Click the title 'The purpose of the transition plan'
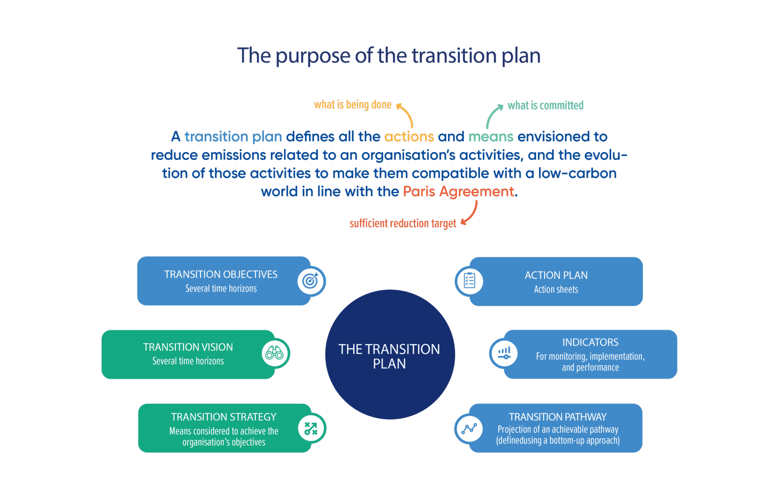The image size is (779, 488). coord(389,56)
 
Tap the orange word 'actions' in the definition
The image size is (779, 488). coord(409,137)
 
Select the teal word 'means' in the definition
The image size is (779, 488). coord(491,137)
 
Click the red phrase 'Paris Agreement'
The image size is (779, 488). coord(458,191)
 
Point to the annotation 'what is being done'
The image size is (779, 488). coord(353,105)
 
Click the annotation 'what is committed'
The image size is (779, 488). coord(545,105)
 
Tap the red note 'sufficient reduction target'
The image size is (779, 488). coord(402,224)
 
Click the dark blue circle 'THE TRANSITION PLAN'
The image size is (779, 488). coord(389,355)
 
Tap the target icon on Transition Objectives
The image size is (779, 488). coord(310,281)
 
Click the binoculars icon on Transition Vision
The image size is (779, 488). coord(275,353)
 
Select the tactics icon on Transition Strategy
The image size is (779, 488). coord(311,428)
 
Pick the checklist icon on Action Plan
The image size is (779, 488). coord(469,281)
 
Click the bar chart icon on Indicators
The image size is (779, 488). coord(504,353)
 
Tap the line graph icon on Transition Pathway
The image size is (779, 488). coord(469,428)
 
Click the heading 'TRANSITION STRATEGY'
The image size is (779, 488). coord(224,417)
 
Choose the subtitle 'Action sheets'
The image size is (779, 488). coord(556,290)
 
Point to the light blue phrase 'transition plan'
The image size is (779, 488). coord(233,137)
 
